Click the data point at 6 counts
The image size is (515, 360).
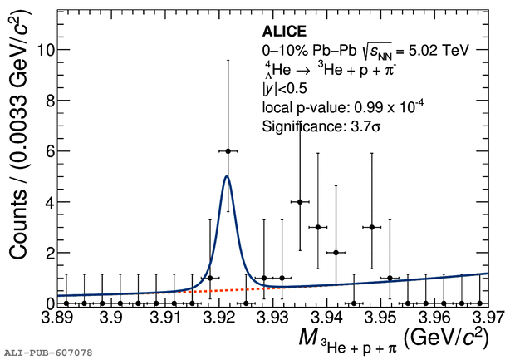(x=228, y=150)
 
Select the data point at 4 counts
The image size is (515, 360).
(x=300, y=201)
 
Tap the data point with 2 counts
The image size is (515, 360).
(x=336, y=252)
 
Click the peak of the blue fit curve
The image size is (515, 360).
(x=227, y=176)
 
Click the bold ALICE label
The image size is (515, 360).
(x=285, y=32)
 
